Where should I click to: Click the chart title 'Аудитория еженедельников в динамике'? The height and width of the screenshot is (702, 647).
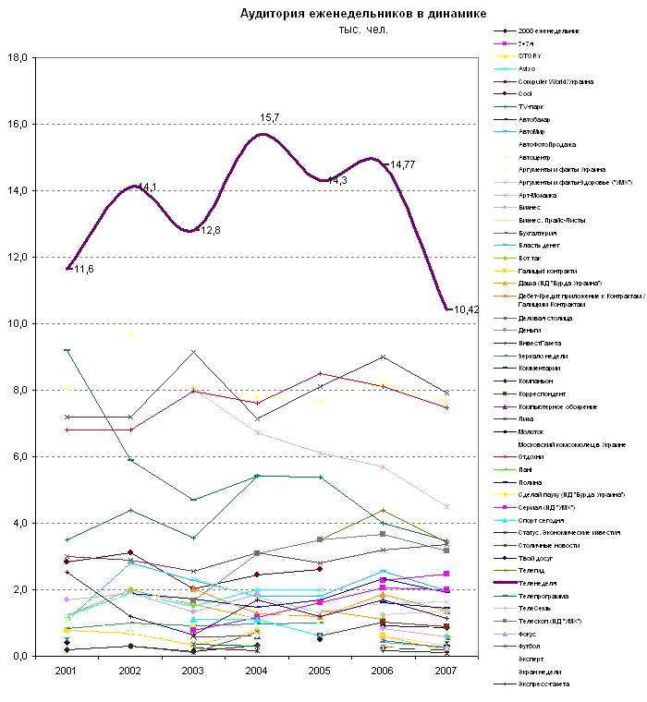362,13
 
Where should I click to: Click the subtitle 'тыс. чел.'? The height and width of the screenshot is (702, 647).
363,30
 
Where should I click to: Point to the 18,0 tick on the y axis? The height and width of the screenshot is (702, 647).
18,57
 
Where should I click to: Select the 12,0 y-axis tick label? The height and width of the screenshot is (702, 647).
18,257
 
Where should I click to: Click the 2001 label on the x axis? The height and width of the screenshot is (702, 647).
67,669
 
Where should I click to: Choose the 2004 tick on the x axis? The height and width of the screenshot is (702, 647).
256,669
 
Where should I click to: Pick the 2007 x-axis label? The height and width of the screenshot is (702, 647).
446,669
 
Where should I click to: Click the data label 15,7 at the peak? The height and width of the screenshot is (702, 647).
270,118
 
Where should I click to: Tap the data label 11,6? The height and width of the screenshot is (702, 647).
84,269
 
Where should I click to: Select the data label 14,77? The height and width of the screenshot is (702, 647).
402,164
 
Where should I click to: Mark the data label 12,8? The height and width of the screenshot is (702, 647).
211,230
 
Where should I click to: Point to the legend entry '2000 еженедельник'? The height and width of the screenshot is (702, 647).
548,30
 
